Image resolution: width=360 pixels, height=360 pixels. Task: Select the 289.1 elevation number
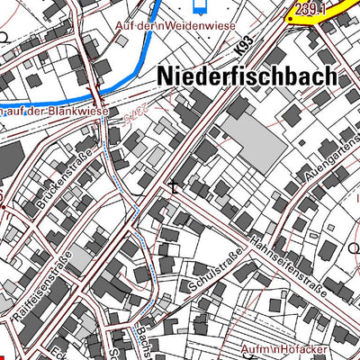point(305,7)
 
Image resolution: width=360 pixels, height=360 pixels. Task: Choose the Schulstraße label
point(216,271)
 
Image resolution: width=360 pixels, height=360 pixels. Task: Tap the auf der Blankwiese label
point(54,112)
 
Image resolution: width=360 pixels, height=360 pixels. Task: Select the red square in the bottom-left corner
point(4,355)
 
